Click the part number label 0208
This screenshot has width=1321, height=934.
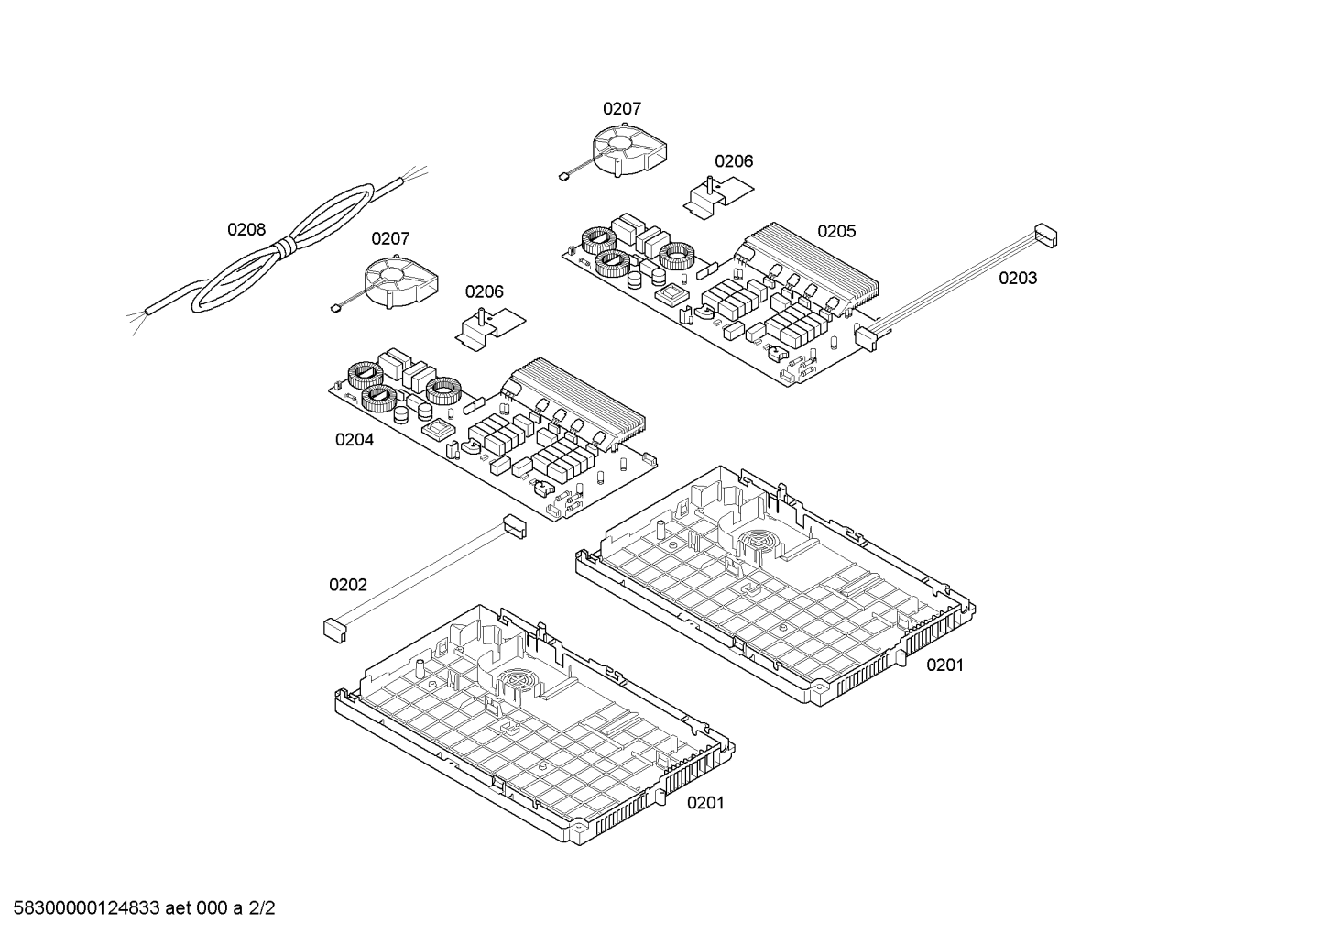[246, 229]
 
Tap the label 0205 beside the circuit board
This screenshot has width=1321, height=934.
[836, 231]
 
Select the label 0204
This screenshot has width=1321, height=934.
[355, 440]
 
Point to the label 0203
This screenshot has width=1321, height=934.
[1018, 278]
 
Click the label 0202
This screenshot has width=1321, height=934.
[348, 585]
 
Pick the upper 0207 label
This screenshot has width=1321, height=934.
[622, 108]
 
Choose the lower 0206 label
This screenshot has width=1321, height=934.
[485, 291]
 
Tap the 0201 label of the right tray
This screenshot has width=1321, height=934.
[944, 665]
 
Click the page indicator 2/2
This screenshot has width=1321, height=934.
[262, 908]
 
